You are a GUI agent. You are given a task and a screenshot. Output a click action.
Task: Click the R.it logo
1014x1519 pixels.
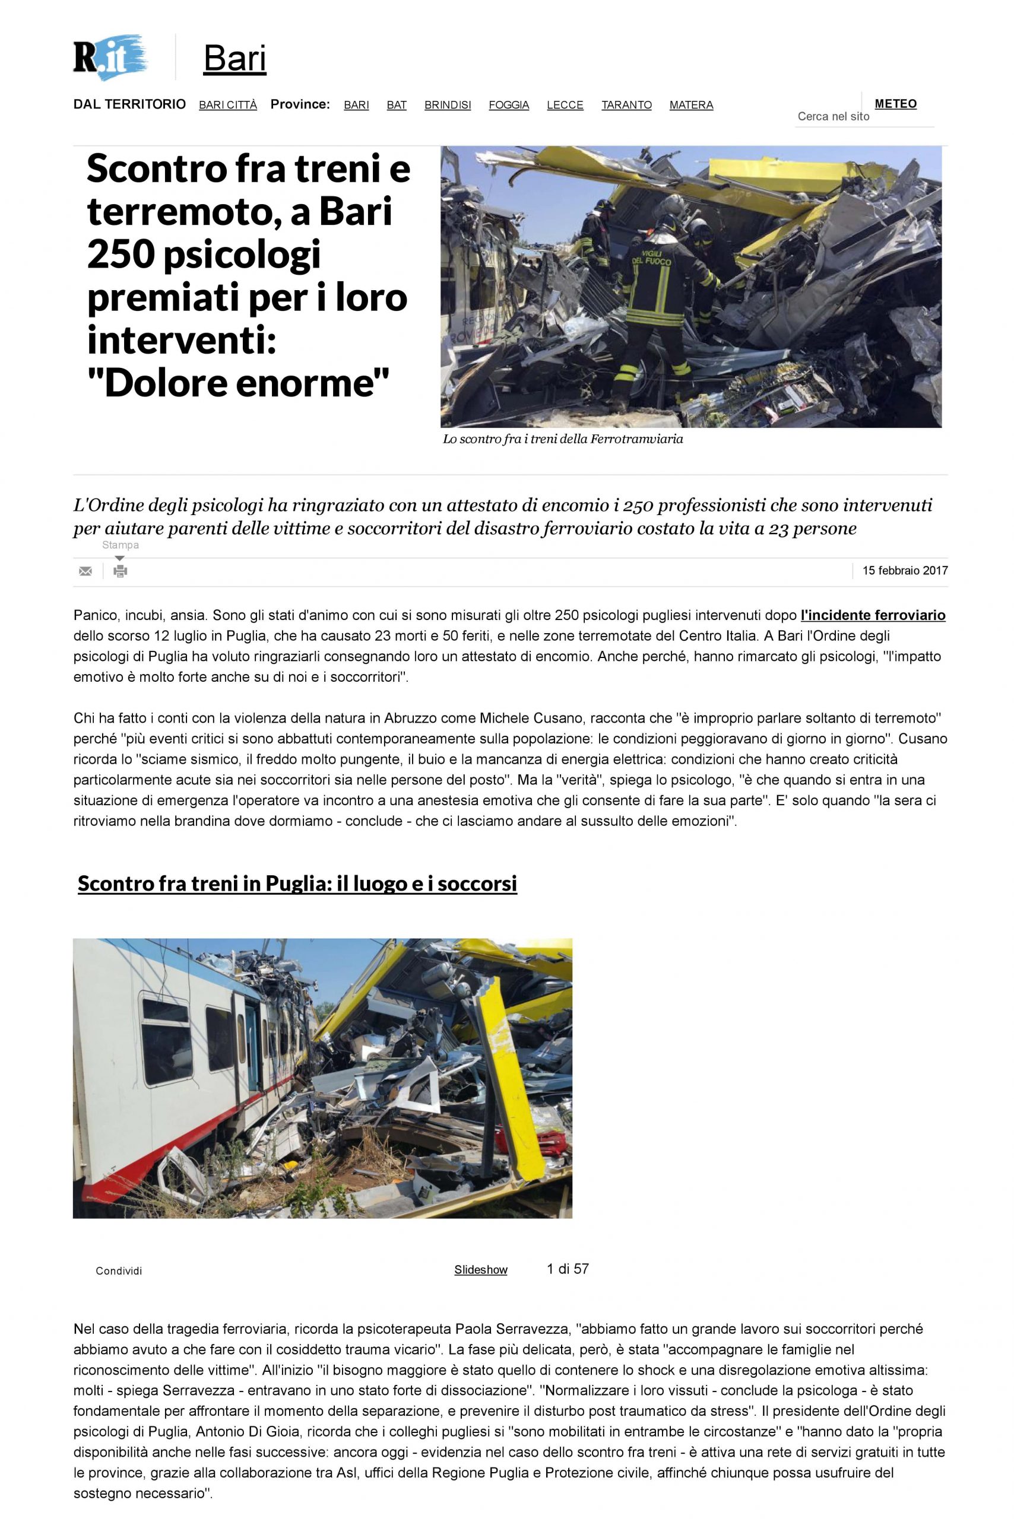pos(109,58)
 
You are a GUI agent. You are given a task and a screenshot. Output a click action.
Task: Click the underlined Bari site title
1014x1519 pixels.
pos(235,59)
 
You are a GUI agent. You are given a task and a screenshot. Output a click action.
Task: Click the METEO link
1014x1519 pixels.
pos(895,104)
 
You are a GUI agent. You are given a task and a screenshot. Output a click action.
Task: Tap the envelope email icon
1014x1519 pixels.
pos(85,571)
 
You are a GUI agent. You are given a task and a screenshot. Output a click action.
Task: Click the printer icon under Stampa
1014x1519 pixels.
pos(121,571)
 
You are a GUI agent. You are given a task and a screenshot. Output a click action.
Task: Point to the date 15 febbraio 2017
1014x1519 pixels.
pos(905,571)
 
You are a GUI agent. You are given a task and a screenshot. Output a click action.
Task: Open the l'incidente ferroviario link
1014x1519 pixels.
pos(872,615)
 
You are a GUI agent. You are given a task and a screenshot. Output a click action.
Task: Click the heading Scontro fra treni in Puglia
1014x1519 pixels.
pos(297,884)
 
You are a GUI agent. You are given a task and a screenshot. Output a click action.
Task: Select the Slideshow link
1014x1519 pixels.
pos(480,1270)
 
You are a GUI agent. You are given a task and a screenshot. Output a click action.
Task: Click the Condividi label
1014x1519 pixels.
pos(119,1271)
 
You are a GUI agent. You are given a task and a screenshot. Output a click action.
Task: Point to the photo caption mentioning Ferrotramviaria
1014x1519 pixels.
pos(563,440)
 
